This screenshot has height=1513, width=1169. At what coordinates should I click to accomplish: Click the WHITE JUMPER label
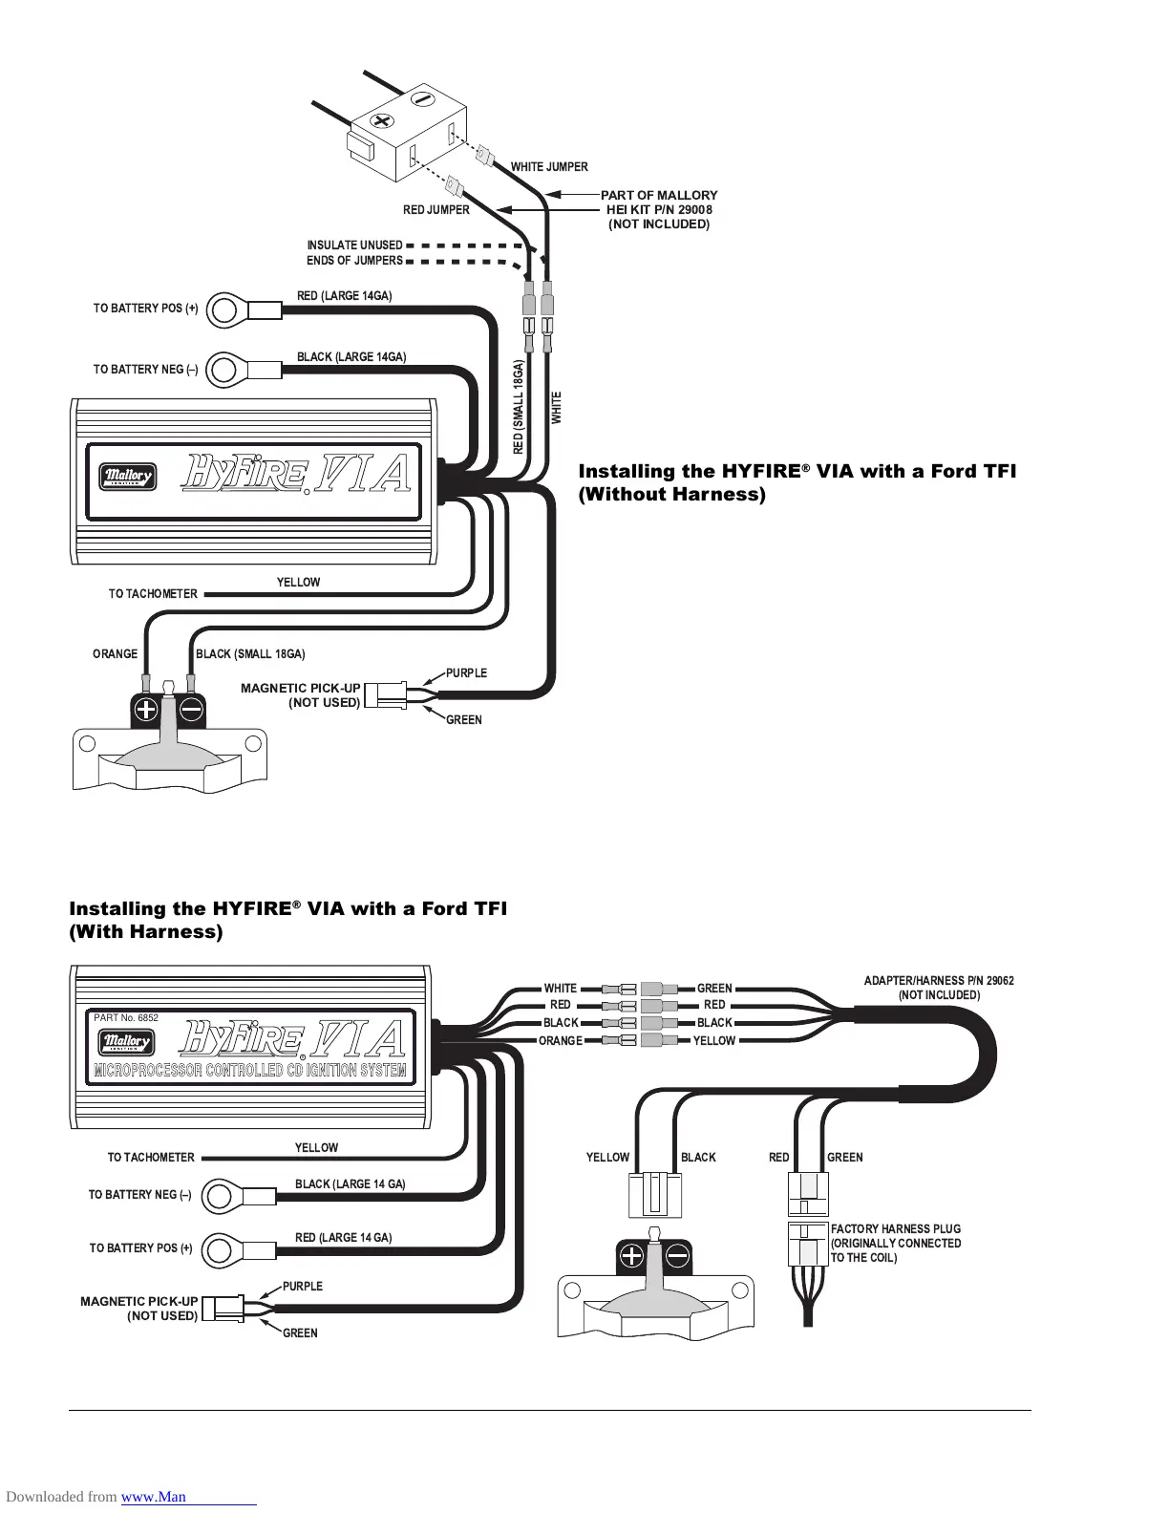[549, 167]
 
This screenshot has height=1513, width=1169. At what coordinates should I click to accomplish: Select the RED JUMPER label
[436, 210]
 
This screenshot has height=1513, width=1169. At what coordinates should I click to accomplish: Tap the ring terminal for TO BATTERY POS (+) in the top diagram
[226, 309]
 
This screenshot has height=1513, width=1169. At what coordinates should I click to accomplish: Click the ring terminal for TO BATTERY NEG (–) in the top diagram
[226, 370]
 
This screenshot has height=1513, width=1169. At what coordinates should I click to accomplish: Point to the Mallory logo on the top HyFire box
[127, 476]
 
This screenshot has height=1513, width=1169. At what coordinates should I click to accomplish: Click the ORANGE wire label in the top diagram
[115, 654]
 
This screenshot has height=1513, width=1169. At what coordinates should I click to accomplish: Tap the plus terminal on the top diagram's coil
[146, 710]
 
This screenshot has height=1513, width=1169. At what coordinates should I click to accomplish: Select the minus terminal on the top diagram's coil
[191, 710]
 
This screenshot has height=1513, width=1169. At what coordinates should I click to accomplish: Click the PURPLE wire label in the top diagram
[466, 673]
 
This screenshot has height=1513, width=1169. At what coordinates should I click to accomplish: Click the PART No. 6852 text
[126, 1018]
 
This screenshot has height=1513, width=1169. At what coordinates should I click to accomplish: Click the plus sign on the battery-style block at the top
[384, 122]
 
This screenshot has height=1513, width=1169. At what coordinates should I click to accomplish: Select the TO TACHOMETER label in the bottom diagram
[151, 1158]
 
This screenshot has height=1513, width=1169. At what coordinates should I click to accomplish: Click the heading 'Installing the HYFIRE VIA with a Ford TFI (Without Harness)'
[797, 482]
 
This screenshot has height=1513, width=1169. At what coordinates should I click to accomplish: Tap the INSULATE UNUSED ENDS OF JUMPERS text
[354, 253]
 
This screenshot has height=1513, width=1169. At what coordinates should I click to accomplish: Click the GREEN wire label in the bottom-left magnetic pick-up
[300, 1333]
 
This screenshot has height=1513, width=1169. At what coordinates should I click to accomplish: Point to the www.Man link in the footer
[154, 1497]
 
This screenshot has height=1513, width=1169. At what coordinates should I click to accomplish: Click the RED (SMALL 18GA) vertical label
[519, 408]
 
